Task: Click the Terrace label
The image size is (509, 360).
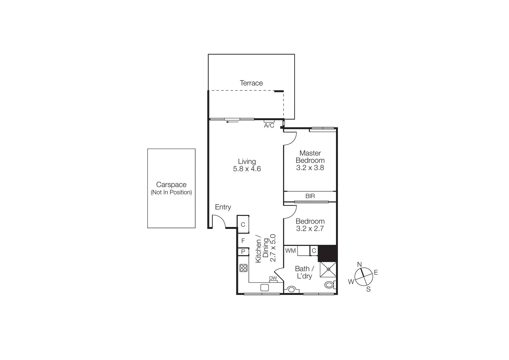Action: click(251, 83)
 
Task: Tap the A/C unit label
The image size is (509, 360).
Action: click(269, 125)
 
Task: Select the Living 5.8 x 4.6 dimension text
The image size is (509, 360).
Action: click(247, 169)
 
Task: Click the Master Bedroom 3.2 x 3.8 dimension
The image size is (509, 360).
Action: click(310, 168)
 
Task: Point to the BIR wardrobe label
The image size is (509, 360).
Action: click(310, 196)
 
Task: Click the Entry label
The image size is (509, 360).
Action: click(223, 207)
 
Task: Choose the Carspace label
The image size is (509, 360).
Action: click(171, 185)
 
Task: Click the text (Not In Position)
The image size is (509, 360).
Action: click(171, 192)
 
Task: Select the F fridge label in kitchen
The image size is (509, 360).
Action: click(243, 241)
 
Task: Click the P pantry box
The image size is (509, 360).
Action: click(243, 252)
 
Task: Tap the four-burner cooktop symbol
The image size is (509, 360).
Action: click(243, 268)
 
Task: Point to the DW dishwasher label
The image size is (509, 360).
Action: click(273, 278)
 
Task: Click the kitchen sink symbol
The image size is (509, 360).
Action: click(264, 288)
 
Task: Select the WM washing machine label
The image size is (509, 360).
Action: click(290, 251)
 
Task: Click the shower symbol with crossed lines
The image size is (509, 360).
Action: click(328, 269)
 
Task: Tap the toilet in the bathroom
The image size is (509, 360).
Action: click(329, 285)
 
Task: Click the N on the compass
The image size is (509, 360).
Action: click(359, 265)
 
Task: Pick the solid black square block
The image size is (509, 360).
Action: click(327, 253)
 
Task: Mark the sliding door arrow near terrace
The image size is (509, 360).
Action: click(232, 122)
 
